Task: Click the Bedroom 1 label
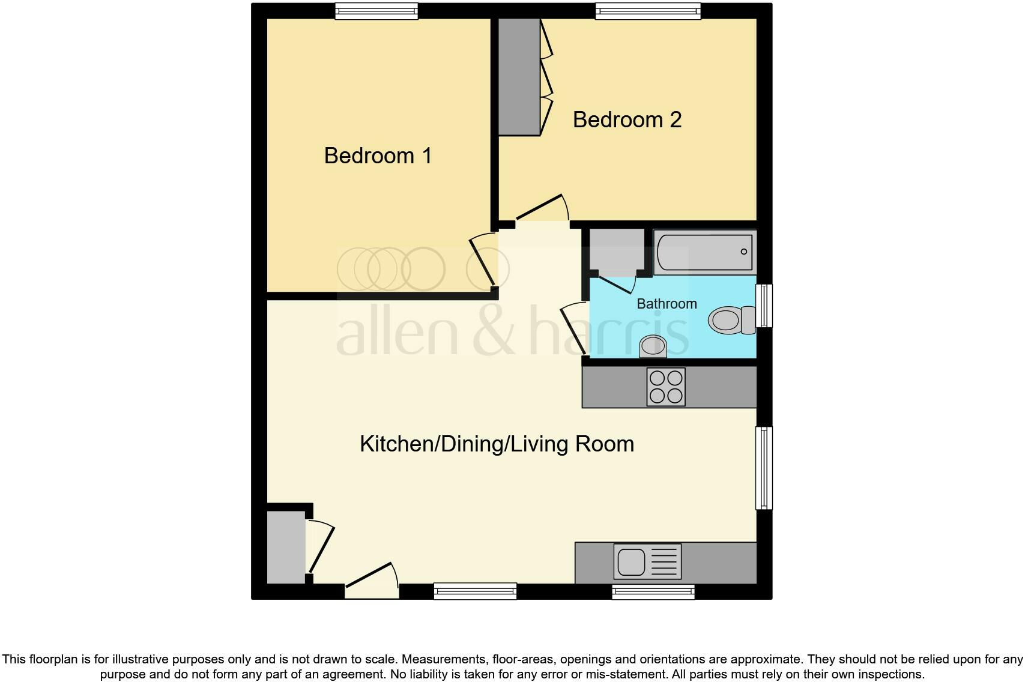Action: point(378,155)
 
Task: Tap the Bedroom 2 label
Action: point(627,119)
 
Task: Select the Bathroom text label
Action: point(667,304)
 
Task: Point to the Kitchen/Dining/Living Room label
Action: point(497,444)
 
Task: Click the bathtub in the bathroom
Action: point(704,252)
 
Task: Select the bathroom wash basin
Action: point(653,346)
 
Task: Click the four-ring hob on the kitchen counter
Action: point(666,387)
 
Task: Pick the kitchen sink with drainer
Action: point(647,562)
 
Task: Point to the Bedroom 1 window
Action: point(376,11)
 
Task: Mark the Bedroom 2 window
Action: point(648,11)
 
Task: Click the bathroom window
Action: point(764,306)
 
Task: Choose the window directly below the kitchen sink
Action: point(653,592)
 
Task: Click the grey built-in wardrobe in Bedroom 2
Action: point(519,77)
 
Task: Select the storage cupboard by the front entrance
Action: point(286,546)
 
